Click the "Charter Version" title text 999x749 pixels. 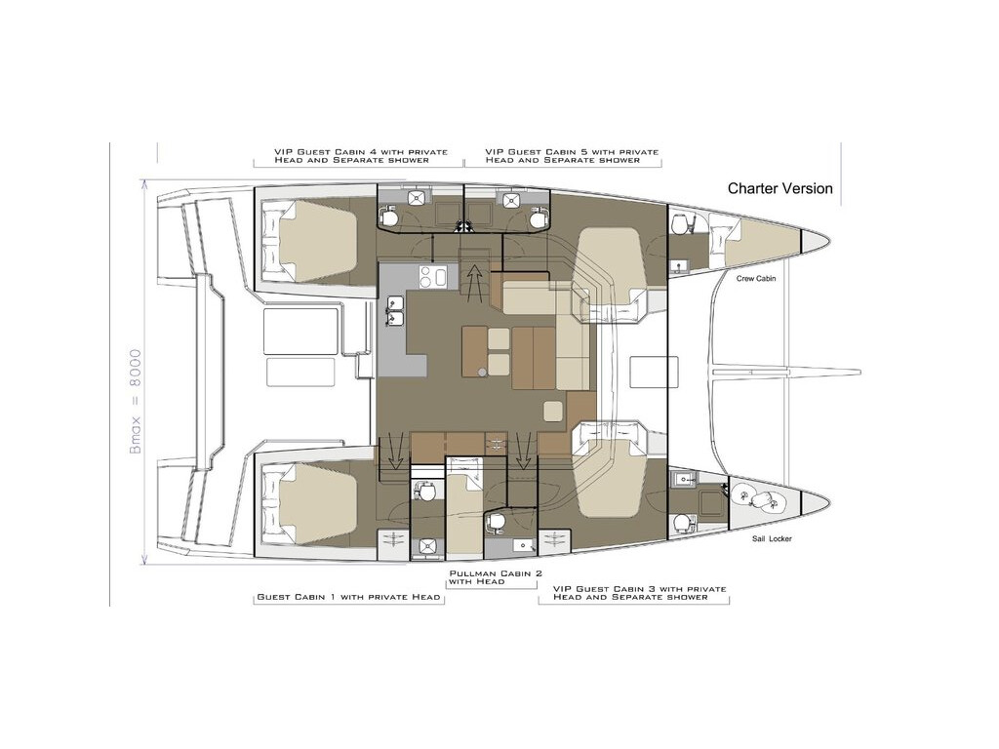[779, 188]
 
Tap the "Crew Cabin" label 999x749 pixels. [756, 278]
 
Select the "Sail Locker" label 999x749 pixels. [772, 538]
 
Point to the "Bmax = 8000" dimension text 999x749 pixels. [135, 401]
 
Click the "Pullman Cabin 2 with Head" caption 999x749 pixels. [496, 577]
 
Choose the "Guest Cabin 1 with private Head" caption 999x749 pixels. [348, 597]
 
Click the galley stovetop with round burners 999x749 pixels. [432, 276]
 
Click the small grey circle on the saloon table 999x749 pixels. [483, 371]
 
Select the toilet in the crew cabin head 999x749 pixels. [681, 224]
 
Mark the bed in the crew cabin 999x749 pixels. [759, 243]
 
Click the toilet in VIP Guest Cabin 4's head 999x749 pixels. [390, 218]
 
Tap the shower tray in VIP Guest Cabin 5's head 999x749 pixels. [511, 201]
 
